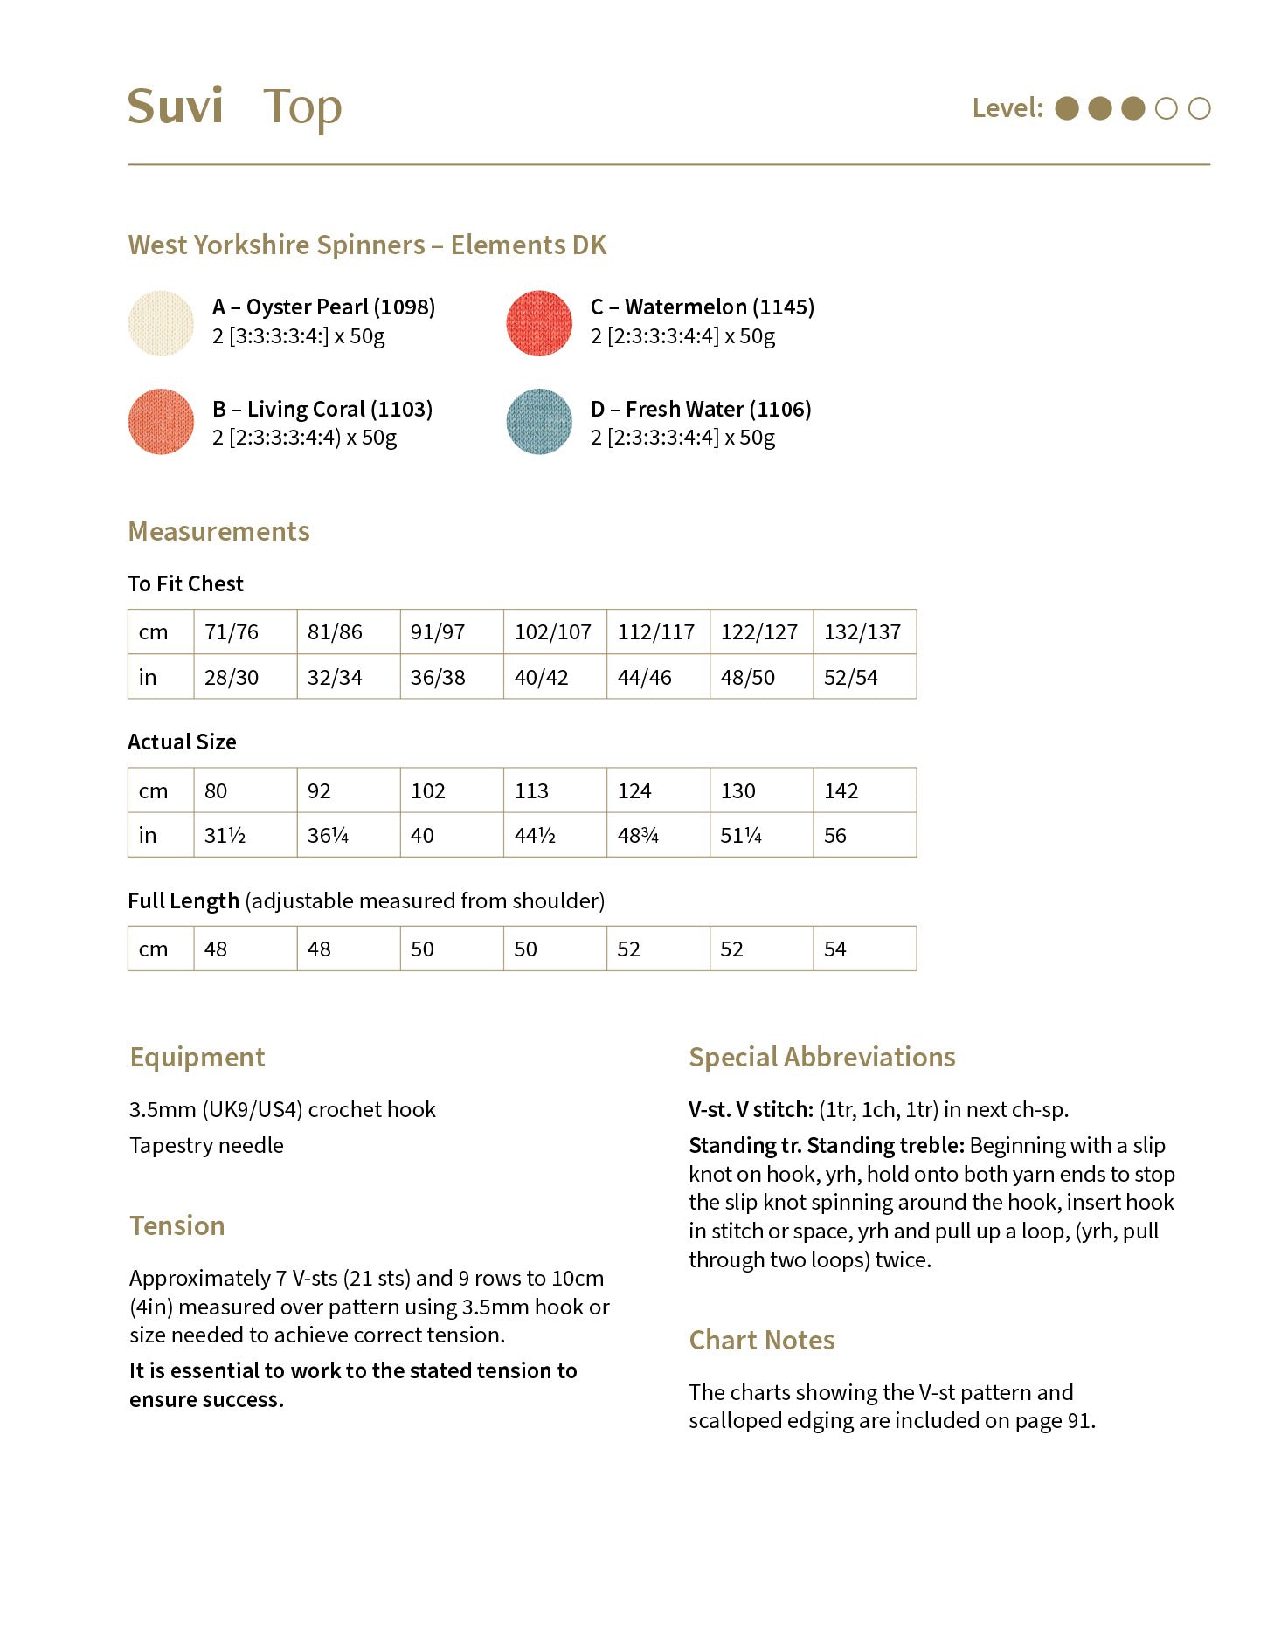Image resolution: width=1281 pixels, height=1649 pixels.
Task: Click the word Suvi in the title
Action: (x=176, y=107)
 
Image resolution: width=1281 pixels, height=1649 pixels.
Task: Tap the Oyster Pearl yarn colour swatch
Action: (x=161, y=323)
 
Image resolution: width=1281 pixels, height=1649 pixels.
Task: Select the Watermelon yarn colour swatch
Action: (x=539, y=323)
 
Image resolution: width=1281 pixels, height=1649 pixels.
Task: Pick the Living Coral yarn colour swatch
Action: (x=161, y=422)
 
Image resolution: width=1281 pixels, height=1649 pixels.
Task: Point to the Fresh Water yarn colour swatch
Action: (x=539, y=422)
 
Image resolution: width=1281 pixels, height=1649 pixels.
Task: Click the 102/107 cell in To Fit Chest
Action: (x=553, y=631)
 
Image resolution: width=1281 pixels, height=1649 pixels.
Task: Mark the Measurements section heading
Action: (x=218, y=531)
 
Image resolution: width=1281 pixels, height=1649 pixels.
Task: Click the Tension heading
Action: (x=177, y=1225)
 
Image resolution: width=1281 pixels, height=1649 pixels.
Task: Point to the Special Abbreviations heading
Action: (x=821, y=1057)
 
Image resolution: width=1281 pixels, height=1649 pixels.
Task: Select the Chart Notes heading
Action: (x=761, y=1340)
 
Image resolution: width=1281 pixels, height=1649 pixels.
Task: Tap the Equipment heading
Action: (x=197, y=1057)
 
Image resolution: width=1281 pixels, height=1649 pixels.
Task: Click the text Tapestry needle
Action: (x=206, y=1145)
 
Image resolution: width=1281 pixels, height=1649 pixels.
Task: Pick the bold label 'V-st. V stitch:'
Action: (x=751, y=1109)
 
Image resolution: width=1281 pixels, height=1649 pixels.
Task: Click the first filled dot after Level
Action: (x=1067, y=108)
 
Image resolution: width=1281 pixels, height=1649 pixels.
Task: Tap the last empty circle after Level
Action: (x=1200, y=108)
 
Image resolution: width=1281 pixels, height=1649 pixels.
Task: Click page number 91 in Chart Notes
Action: (x=1079, y=1421)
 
